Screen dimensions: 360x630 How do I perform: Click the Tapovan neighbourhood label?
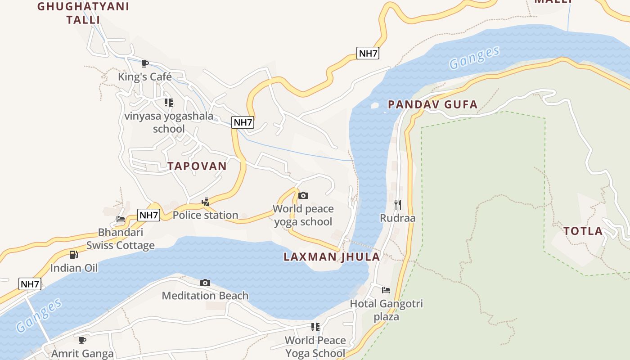pos(197,166)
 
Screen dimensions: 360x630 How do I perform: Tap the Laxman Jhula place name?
pos(332,257)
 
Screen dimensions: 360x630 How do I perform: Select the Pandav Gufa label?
pos(432,105)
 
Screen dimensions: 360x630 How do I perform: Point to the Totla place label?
pos(583,231)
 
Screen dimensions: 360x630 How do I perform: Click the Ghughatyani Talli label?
pos(83,13)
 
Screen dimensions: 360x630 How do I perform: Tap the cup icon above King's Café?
pos(144,63)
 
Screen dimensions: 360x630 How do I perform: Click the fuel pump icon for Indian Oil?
pos(74,255)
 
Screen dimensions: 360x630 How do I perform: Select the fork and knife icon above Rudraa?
pos(398,205)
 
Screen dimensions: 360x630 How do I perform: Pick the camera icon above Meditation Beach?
pos(205,283)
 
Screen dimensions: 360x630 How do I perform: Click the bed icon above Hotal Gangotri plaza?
pos(386,290)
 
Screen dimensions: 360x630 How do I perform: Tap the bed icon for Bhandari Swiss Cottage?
pos(121,219)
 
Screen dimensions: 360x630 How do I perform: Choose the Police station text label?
pos(205,215)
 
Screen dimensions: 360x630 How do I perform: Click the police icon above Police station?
pos(206,202)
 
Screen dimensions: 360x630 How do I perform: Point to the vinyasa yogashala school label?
pos(169,122)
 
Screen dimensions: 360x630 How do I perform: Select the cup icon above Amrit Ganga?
pos(82,340)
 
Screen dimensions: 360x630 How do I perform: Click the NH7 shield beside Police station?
pos(148,215)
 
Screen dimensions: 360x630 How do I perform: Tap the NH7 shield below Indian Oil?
pos(31,284)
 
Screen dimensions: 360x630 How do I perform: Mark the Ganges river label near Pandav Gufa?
pos(474,58)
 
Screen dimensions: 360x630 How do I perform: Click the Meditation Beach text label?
pos(205,296)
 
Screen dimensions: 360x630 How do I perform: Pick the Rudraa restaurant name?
pos(398,218)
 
